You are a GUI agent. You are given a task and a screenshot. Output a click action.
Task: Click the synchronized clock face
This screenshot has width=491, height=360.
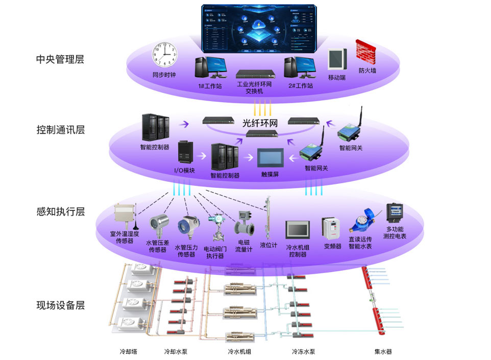[x=164, y=55]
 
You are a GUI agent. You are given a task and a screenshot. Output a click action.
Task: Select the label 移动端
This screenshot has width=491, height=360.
[x=337, y=78]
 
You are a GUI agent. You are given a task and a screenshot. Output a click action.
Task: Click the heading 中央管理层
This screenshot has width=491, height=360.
[x=60, y=59]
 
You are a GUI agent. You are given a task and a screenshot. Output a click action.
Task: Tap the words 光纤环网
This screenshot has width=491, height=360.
[x=259, y=123]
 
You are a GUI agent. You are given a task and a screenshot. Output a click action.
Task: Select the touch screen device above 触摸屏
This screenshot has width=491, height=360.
[x=269, y=158]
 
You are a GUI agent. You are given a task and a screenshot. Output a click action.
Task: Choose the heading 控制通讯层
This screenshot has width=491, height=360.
[x=60, y=129]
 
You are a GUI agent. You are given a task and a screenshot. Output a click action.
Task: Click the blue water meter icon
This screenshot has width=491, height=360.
[x=361, y=221]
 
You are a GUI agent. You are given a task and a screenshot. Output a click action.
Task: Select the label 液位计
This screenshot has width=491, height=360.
[x=268, y=245]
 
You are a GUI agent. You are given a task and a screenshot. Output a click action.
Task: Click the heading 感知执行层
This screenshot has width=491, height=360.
[x=60, y=212]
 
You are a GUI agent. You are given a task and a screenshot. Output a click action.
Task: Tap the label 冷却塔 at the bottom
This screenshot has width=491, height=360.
[x=128, y=352]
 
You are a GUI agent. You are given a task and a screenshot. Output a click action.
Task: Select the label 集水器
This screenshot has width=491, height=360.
[x=383, y=352]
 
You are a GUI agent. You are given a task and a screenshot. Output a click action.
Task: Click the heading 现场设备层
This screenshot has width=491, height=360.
[x=60, y=306]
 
